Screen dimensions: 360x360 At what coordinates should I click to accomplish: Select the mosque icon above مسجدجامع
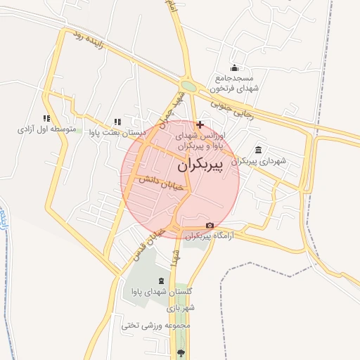tap(233, 68)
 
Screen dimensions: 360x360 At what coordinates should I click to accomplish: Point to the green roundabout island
tap(188, 86)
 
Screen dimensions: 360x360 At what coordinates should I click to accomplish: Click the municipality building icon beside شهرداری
tap(259, 150)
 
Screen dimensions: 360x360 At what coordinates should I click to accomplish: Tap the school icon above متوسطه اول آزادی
tap(46, 119)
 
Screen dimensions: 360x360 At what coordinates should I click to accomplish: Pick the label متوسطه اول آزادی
tap(46, 130)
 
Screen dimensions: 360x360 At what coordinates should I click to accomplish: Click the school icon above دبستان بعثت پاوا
tap(117, 122)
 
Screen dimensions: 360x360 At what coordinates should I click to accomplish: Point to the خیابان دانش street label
tap(160, 184)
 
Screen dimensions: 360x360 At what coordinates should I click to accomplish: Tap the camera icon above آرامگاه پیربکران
tap(210, 226)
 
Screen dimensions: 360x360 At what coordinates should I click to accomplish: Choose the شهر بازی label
tap(181, 308)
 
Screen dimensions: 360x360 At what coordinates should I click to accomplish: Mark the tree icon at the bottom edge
tap(181, 352)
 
